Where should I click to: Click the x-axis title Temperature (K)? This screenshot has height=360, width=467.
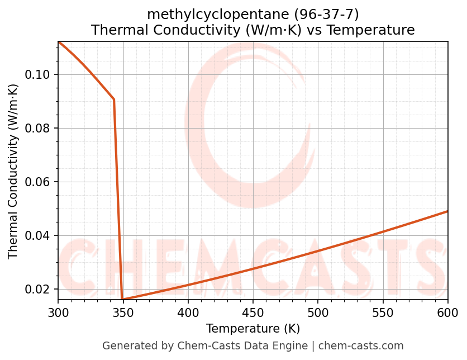click(252, 329)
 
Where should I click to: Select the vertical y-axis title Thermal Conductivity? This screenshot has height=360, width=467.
click(13, 171)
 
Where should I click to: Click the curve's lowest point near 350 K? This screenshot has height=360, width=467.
click(122, 300)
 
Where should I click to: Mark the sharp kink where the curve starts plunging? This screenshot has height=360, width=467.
click(114, 100)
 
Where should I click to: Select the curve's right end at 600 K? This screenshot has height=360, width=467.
click(447, 211)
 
